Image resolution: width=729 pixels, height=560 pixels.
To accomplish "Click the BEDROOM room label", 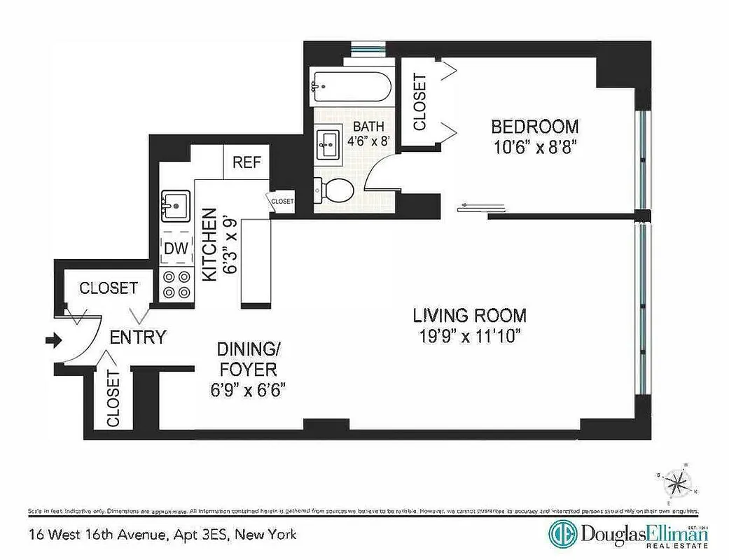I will point(534,127).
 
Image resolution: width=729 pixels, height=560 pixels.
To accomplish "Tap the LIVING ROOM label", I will point(469,316).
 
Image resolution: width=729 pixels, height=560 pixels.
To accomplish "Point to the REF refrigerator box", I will point(247,162).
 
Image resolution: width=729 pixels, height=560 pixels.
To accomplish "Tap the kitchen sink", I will point(175,205).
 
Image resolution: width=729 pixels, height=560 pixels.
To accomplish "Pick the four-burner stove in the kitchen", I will point(176,284).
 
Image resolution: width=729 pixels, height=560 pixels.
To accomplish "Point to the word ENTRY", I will point(138,337).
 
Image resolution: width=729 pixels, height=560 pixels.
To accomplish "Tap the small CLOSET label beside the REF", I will point(282,201).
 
